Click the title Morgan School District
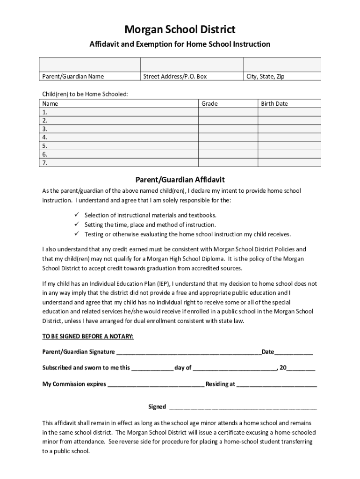180,30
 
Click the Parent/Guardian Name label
73,76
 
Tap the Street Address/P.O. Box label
175,76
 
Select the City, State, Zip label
266,76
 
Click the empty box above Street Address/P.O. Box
192,65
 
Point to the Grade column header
209,103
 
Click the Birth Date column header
274,103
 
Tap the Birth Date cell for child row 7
289,163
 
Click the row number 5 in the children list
45,145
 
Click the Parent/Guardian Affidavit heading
180,180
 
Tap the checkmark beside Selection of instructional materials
77,215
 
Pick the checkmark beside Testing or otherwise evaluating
77,233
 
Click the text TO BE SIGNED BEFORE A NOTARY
88,336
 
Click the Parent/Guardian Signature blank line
188,352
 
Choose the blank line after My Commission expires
156,384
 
